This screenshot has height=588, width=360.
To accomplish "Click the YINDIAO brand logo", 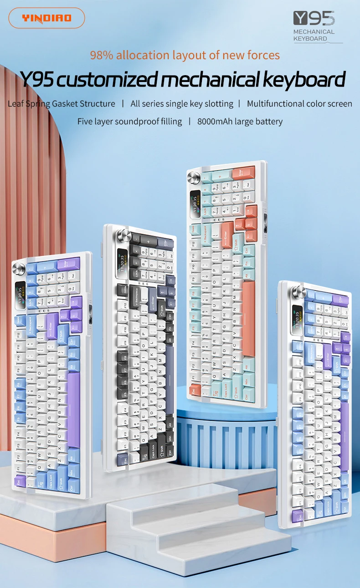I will point(46,18).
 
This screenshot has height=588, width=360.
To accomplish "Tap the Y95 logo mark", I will point(314,19).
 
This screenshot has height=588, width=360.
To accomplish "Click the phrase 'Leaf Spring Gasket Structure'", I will point(62,104).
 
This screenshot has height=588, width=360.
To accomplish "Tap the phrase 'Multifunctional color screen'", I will point(299,104).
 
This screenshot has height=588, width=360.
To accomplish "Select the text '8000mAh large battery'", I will point(240,122).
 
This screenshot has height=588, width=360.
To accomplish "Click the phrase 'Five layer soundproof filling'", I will point(129,122).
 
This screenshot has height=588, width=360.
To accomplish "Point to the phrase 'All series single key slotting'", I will point(182,104).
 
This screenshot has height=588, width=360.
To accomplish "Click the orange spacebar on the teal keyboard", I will point(248,319).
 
